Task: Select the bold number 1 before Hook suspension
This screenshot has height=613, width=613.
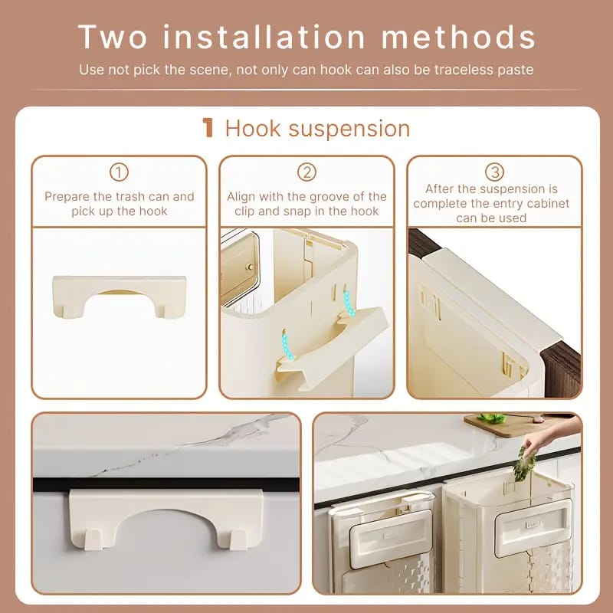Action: tap(208, 128)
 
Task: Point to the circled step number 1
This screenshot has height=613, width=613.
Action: tap(120, 172)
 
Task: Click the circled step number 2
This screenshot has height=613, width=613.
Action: tap(306, 172)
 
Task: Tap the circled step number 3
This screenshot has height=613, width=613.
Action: tap(494, 172)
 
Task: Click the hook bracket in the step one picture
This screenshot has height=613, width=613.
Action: tap(120, 295)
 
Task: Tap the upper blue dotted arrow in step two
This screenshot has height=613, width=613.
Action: tap(347, 302)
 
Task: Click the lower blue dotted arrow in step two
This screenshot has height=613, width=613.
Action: tap(287, 343)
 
